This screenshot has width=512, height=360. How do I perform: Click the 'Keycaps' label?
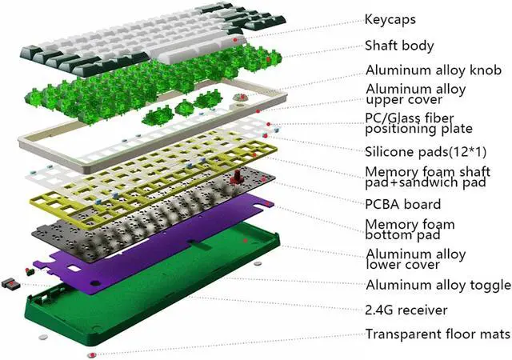point(390,18)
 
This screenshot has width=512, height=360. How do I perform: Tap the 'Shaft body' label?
point(399,46)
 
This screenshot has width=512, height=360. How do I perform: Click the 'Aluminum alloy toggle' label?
point(436,285)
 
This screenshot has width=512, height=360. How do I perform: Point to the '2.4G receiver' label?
point(406,309)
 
